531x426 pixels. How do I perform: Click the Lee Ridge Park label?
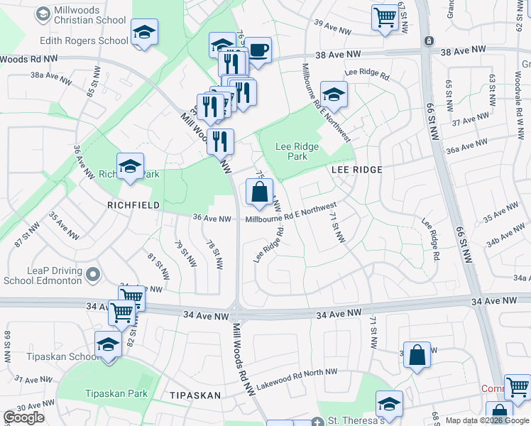297,151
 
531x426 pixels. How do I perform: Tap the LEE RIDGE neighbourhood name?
357,170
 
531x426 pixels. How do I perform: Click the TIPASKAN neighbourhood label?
195,395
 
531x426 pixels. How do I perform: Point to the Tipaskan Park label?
116,393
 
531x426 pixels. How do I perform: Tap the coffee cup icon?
258,50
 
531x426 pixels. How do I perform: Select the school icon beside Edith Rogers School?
144,32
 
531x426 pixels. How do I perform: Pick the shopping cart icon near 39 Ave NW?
385,17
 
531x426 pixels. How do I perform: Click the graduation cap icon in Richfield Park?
131,166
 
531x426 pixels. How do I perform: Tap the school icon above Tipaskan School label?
108,344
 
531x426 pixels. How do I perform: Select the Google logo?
23,417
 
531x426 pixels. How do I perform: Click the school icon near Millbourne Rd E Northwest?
333,94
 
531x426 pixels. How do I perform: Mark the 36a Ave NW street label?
468,146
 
